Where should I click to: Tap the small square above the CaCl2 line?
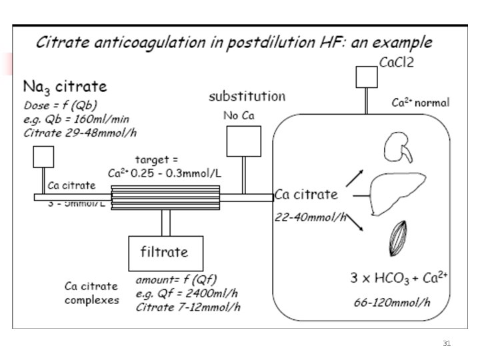click(x=366, y=77)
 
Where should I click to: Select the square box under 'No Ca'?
click(x=243, y=141)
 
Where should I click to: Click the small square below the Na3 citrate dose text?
click(x=43, y=157)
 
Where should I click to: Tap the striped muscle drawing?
click(x=398, y=239)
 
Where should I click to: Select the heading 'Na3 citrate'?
click(x=65, y=87)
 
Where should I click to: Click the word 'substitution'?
click(x=247, y=97)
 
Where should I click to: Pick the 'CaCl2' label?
click(x=399, y=63)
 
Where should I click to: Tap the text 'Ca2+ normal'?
click(x=419, y=103)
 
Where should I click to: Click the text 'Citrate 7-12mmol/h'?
click(x=188, y=307)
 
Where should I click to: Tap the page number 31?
click(x=447, y=344)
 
